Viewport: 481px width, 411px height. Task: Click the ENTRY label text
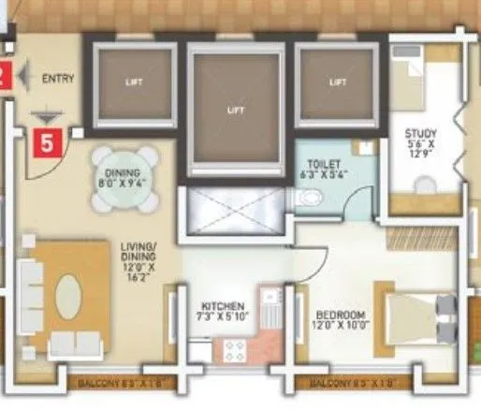pos(57,80)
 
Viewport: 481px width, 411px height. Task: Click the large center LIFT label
pos(235,110)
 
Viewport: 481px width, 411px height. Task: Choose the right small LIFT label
pos(338,81)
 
